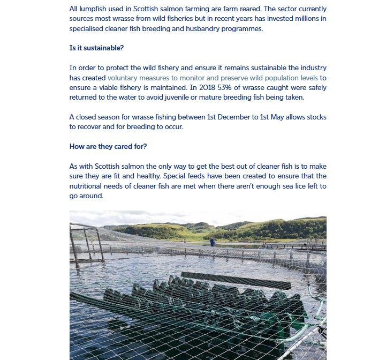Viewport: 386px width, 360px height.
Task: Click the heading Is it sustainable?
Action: click(x=96, y=48)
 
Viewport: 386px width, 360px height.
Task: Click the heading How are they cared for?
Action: click(x=108, y=146)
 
